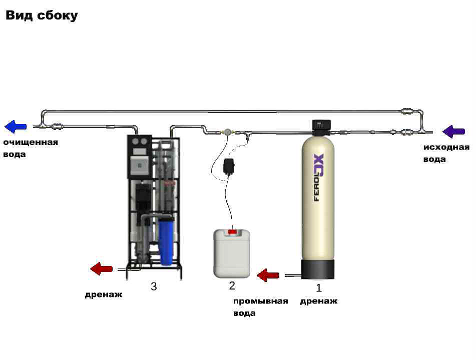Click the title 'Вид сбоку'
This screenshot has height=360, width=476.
(x=42, y=15)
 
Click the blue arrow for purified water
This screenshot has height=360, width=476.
(x=16, y=126)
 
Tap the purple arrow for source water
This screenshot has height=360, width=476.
(x=454, y=131)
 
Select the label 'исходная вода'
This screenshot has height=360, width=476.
(x=446, y=153)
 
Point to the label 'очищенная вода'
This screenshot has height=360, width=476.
(x=30, y=148)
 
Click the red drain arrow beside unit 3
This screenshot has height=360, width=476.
(x=102, y=269)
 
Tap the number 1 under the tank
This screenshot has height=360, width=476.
(x=318, y=288)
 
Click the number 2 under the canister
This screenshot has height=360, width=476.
(x=232, y=286)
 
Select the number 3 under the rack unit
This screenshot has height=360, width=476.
(x=154, y=286)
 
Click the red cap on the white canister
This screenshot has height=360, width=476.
(x=232, y=231)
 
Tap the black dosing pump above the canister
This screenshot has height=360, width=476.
(x=231, y=166)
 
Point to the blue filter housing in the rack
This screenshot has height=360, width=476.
(x=167, y=240)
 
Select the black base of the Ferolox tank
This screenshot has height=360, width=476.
(x=318, y=269)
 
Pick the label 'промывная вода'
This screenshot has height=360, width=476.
(x=260, y=307)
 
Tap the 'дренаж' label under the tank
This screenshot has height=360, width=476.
(x=318, y=301)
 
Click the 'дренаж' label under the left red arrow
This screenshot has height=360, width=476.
(x=103, y=294)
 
